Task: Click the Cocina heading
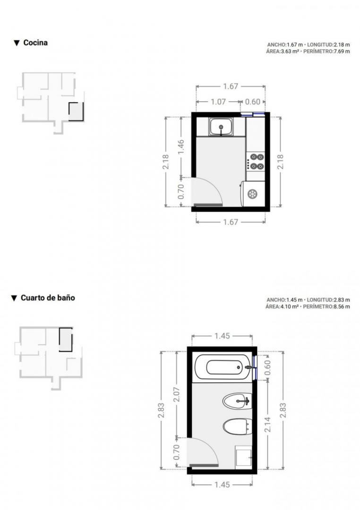pyautogui.click(x=35, y=42)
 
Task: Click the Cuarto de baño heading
pyautogui.click(x=48, y=298)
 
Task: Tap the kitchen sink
pyautogui.click(x=221, y=127)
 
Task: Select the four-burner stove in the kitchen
pyautogui.click(x=256, y=161)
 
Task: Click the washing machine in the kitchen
pyautogui.click(x=253, y=194)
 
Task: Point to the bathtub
pyautogui.click(x=223, y=367)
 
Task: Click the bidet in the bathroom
pyautogui.click(x=238, y=401)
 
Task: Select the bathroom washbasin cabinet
pyautogui.click(x=243, y=457)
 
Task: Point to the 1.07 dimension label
pyautogui.click(x=218, y=102)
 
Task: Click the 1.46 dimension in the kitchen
pyautogui.click(x=181, y=147)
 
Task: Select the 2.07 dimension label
pyautogui.click(x=177, y=394)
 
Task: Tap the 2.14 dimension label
pyautogui.click(x=267, y=425)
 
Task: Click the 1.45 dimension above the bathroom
pyautogui.click(x=223, y=336)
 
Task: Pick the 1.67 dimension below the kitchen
pyautogui.click(x=231, y=222)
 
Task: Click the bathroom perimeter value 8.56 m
pyautogui.click(x=342, y=307)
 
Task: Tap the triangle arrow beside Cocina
pyautogui.click(x=17, y=43)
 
